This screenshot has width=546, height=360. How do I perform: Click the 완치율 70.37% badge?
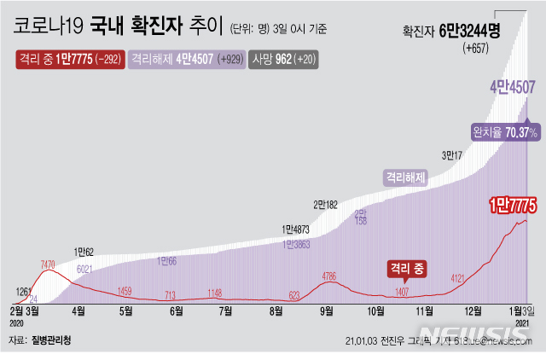(505, 133)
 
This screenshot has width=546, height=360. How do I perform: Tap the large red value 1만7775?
(511, 206)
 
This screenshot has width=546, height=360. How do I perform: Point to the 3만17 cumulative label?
(452, 155)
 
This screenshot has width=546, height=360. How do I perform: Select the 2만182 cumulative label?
(325, 205)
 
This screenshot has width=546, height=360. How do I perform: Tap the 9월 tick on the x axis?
(326, 311)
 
